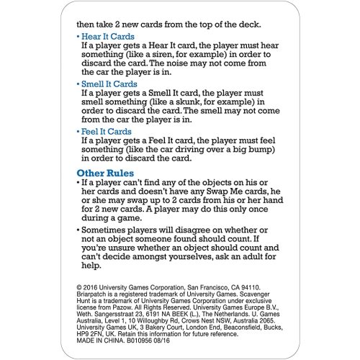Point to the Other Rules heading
(x=111, y=173)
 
